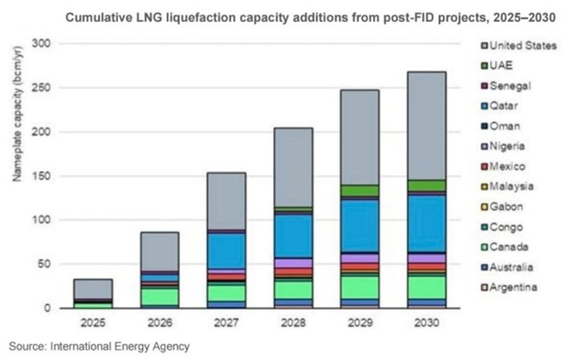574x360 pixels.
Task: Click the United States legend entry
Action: [x=515, y=45]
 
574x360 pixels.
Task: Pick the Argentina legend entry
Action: [x=508, y=287]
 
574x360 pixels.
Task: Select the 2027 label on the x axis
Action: [x=226, y=321]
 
